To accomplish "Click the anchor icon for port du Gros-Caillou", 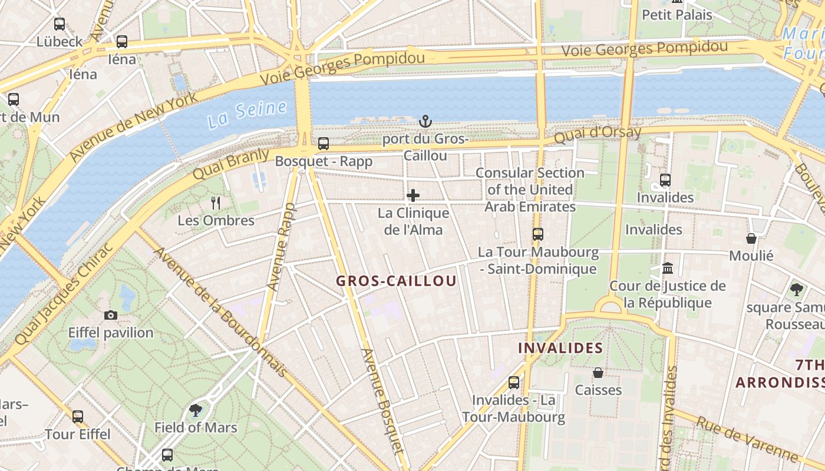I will [425, 122].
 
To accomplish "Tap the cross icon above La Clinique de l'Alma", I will [413, 195].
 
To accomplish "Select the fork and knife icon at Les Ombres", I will [216, 203].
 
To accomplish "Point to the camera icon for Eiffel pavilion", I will [110, 315].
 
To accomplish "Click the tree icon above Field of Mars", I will [196, 410].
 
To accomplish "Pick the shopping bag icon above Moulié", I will [751, 238].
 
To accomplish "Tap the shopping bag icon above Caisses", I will [598, 373].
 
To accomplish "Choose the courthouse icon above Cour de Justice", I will [668, 268].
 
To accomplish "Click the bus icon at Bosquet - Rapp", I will [323, 143].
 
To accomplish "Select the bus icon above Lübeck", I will [60, 24].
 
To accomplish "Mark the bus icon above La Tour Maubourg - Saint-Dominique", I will [537, 234].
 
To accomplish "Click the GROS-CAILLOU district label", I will [397, 281].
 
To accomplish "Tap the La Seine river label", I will [247, 114].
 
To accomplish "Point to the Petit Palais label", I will [676, 15].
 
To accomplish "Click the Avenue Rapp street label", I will [280, 247].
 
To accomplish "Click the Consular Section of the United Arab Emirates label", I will [530, 190].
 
